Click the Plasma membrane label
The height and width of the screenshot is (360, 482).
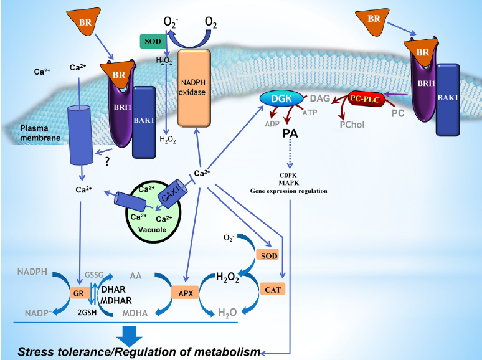(x=32, y=132)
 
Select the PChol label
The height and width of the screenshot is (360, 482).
(x=352, y=124)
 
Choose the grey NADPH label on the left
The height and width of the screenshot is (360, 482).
(x=34, y=272)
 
